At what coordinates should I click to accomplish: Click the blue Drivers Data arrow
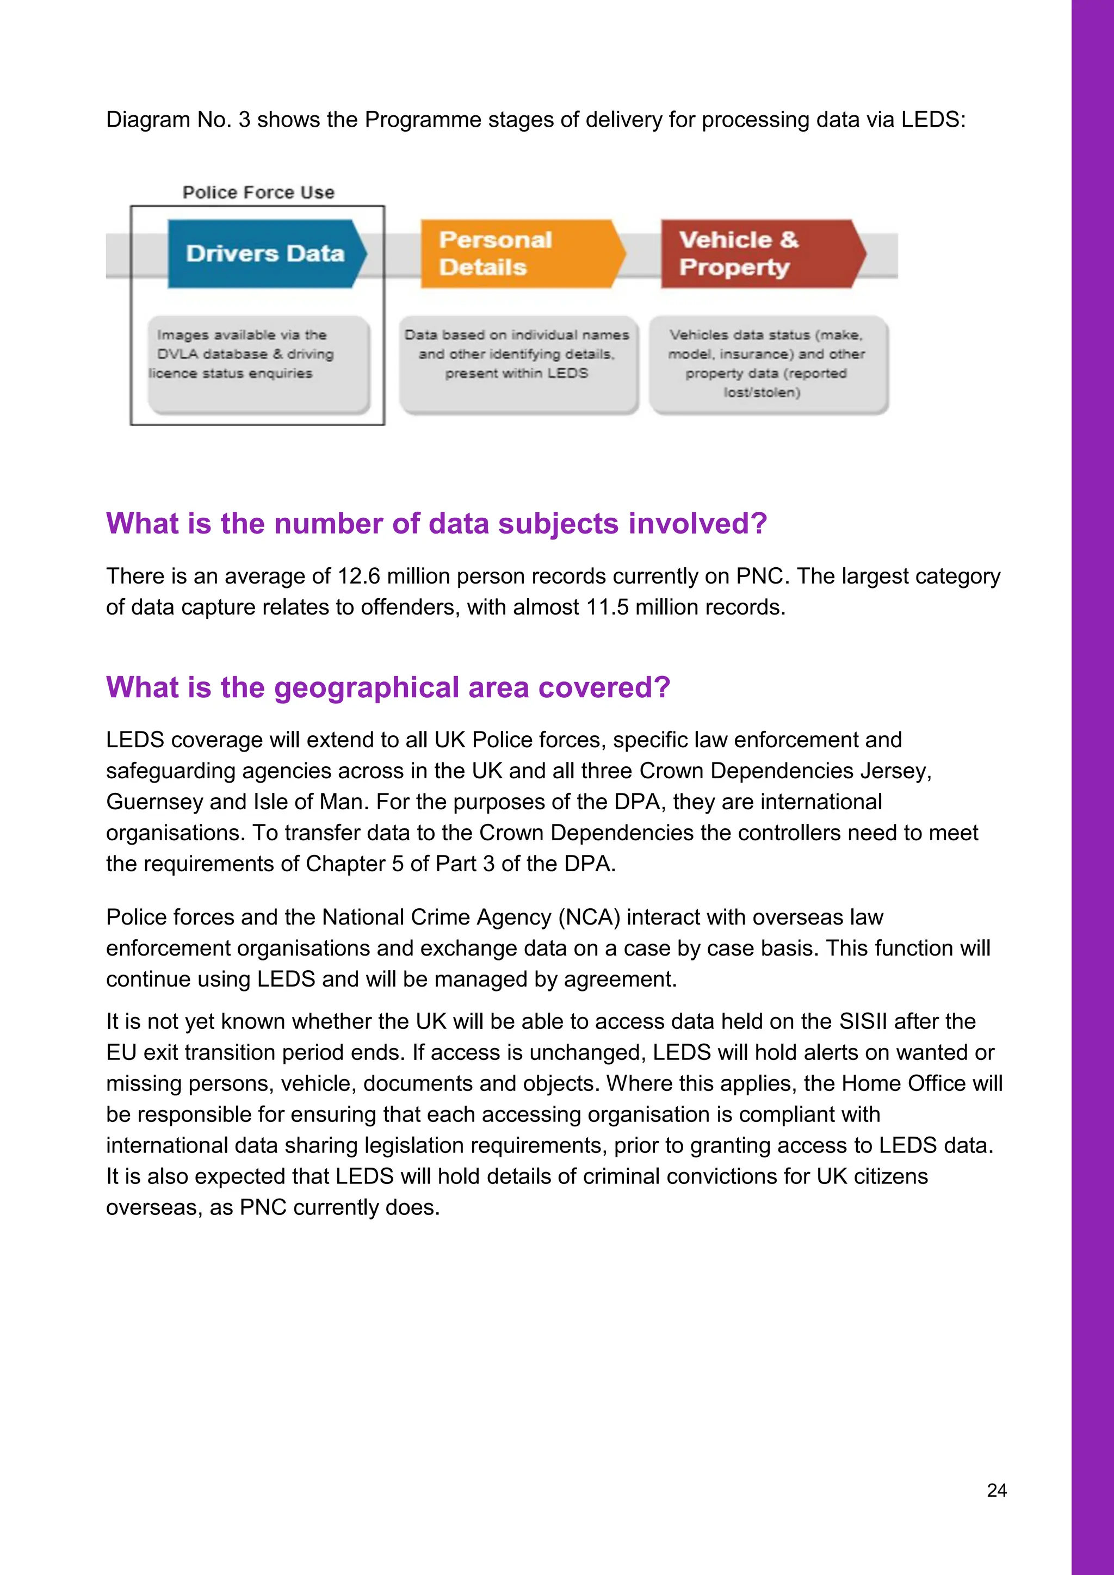coord(265,254)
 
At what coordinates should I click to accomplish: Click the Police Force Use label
coord(258,193)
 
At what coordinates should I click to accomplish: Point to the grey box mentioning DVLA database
coord(258,364)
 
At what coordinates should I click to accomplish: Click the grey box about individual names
coord(518,364)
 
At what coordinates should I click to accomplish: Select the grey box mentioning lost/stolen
coord(768,364)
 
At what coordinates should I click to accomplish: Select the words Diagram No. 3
coord(178,120)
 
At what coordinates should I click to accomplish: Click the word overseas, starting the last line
coord(153,1207)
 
